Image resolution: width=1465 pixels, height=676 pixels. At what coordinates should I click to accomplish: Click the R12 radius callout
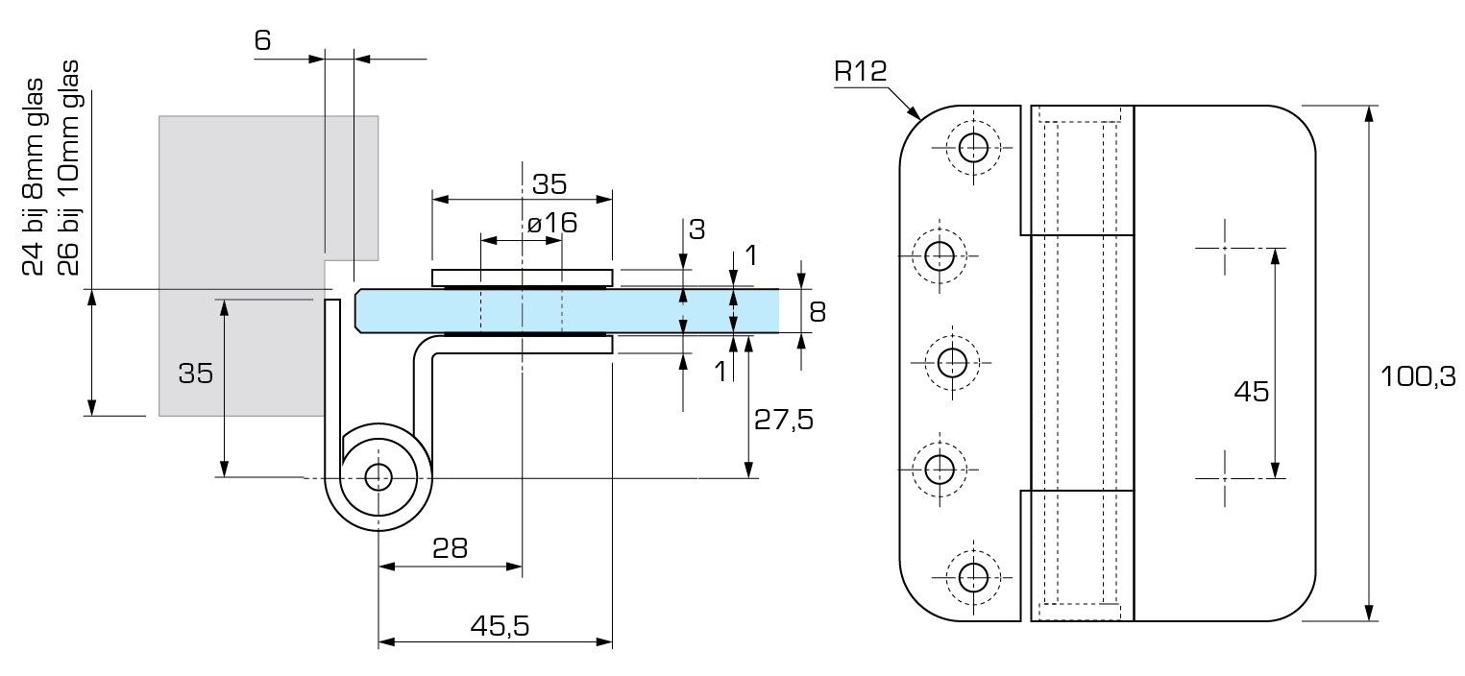860,71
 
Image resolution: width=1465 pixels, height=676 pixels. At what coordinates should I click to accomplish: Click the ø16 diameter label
551,224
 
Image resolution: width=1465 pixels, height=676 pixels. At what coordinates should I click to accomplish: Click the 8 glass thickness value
818,311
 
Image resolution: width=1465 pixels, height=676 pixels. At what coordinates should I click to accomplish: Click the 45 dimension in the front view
1251,392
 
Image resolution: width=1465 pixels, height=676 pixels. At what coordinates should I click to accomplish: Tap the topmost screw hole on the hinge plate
973,147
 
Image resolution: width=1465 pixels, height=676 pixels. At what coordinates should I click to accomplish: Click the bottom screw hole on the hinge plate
973,576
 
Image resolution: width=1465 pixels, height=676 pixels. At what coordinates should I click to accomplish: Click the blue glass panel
672,309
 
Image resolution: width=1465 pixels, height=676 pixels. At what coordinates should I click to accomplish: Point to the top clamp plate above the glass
521,278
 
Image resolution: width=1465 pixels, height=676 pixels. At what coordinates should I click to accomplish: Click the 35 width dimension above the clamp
550,183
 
